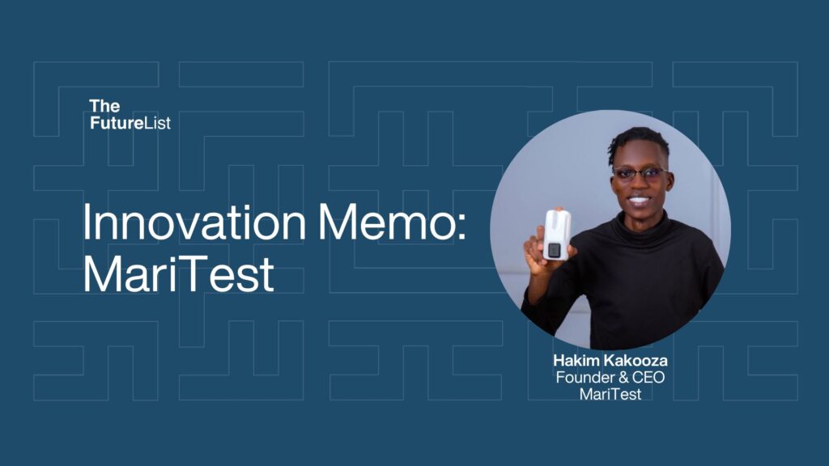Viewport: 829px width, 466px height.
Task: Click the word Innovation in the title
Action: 194,222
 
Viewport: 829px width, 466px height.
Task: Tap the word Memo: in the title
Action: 392,222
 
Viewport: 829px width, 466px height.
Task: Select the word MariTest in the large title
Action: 178,273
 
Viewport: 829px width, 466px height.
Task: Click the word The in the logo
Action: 104,106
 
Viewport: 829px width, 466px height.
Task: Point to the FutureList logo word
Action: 130,123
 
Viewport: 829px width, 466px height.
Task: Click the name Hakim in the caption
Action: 576,361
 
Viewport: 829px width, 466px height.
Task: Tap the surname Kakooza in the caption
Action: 636,361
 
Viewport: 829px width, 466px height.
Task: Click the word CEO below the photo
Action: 648,378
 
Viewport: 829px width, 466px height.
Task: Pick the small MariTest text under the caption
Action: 610,394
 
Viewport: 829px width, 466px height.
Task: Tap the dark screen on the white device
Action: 554,249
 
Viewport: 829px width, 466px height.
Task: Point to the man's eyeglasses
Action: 640,173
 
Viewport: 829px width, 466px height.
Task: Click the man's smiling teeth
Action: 639,201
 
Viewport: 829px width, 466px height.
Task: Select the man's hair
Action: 639,142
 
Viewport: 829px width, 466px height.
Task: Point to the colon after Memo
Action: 461,228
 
